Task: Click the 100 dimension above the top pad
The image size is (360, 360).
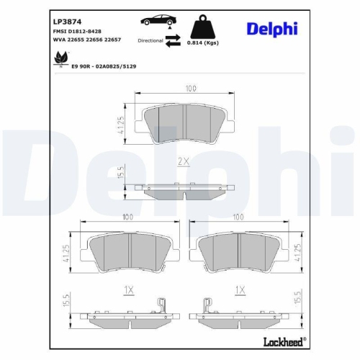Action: (x=189, y=89)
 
